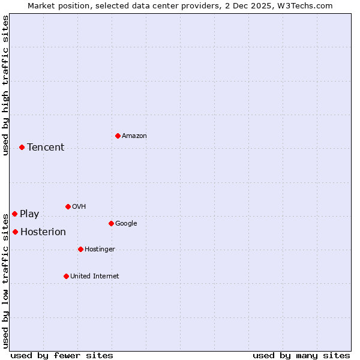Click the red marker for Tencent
[22, 147]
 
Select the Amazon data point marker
[118, 136]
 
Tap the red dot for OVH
[68, 206]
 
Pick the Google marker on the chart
[111, 223]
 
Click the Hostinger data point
[80, 249]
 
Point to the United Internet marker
[66, 276]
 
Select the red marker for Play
[14, 214]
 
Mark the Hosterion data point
[15, 232]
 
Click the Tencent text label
[46, 148]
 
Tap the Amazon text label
[134, 136]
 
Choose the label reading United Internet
[95, 277]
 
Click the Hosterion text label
[43, 232]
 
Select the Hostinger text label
[100, 250]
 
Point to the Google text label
[126, 224]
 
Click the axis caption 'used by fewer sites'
[62, 356]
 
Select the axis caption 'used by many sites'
[301, 356]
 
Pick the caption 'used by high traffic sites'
[5, 85]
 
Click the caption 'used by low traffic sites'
[5, 281]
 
